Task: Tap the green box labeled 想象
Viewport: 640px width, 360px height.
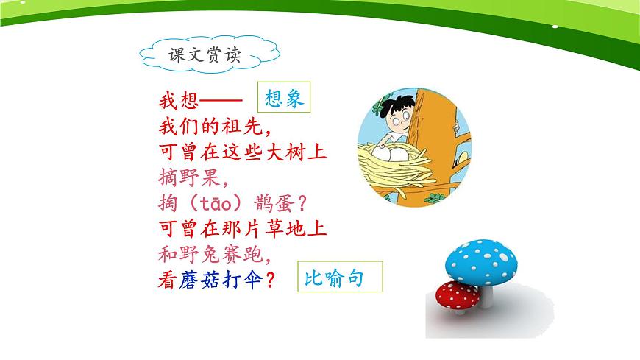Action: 284,98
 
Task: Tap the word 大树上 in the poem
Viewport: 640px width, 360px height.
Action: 299,152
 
